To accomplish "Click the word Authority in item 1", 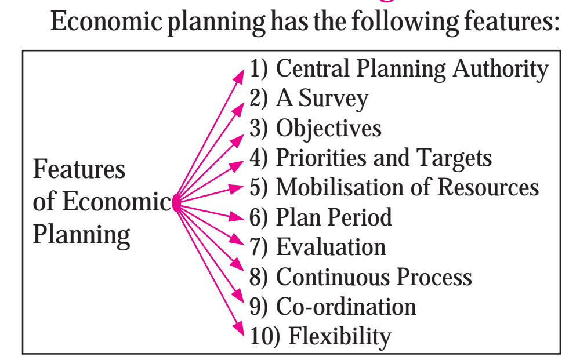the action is [501, 69].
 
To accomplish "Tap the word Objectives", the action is [329, 128].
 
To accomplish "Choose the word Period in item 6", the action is [360, 217].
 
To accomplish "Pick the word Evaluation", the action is [331, 247].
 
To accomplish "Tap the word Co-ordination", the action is [346, 306].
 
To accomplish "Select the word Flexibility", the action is [340, 337].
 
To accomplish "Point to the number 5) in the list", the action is [258, 187].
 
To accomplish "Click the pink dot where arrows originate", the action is [176, 203].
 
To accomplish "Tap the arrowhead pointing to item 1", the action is [240, 75].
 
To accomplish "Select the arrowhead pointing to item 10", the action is [239, 329].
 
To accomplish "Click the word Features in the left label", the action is [79, 169].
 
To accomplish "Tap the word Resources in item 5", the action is [488, 187].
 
